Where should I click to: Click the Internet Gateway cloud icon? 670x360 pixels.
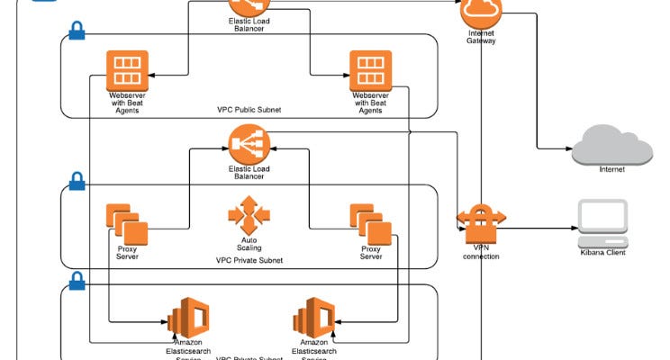click(480, 12)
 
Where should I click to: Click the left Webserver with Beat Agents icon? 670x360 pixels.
click(127, 69)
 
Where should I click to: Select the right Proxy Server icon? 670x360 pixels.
click(371, 224)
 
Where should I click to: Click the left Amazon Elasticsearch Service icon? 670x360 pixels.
click(188, 318)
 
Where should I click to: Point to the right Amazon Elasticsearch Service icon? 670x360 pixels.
click(313, 318)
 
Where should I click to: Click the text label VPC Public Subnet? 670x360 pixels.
click(249, 110)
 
